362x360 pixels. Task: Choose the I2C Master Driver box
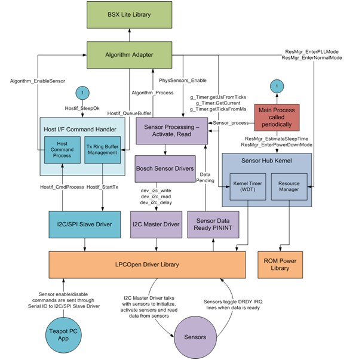pyautogui.click(x=156, y=224)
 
